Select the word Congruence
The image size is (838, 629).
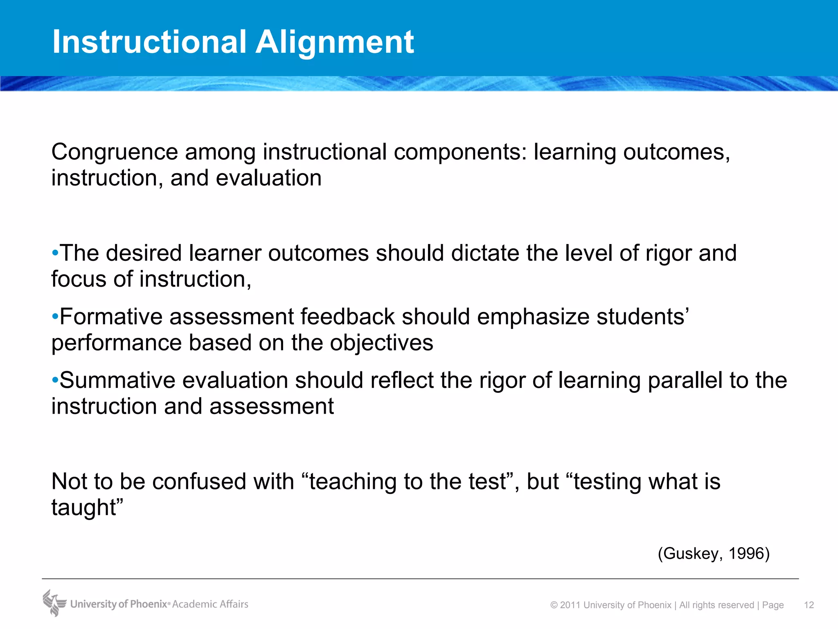tap(115, 152)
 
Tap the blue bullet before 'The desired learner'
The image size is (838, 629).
tap(55, 253)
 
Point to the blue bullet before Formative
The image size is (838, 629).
tap(55, 317)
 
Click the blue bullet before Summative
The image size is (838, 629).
tap(55, 380)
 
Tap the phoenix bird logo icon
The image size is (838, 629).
tap(54, 603)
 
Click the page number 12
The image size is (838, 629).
tap(809, 605)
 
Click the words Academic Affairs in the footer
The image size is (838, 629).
tap(210, 604)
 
